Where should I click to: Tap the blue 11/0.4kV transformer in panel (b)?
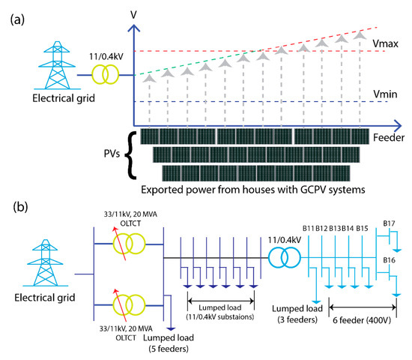[280, 259]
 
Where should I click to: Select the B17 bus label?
[389, 223]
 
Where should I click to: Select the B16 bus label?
[389, 259]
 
